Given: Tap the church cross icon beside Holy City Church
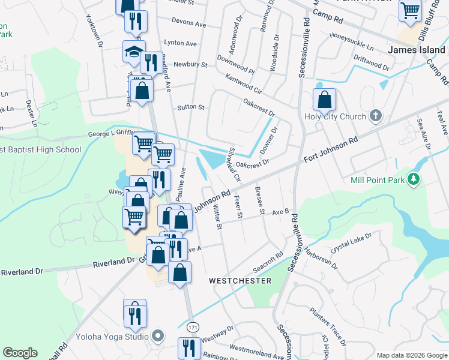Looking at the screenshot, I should [x=376, y=115].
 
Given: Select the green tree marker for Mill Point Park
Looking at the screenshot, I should [x=413, y=179].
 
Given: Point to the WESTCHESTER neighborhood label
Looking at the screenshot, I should [x=240, y=281].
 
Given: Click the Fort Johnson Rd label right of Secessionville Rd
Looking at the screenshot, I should [x=331, y=149].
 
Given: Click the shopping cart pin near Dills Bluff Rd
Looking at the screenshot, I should [x=410, y=10].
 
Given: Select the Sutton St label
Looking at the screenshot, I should [x=191, y=108].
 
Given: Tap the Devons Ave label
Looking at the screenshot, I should [x=188, y=23].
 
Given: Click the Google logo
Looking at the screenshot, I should [x=20, y=353].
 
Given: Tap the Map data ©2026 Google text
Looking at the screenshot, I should [x=412, y=355].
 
